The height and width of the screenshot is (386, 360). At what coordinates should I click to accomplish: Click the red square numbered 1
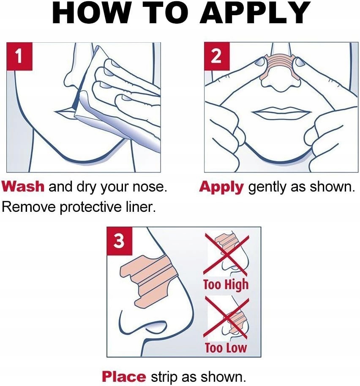(19, 56)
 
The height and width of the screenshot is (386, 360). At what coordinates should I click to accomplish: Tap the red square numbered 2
(217, 56)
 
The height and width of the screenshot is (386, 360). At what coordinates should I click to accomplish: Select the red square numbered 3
(119, 241)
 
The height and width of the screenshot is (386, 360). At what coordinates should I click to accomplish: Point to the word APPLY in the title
(254, 13)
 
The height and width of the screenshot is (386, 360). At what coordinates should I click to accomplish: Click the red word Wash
(23, 186)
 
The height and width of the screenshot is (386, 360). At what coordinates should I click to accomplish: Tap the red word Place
(124, 377)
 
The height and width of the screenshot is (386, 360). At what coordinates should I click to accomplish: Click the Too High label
(226, 285)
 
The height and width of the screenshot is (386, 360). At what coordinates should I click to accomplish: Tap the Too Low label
(226, 348)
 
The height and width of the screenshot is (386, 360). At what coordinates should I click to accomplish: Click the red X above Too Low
(226, 318)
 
